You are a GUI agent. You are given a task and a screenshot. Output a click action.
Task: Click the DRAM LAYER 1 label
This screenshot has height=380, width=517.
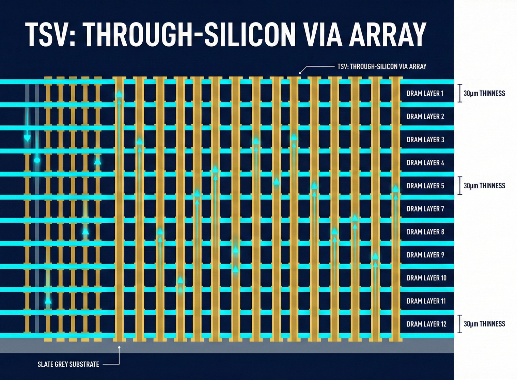click(425, 93)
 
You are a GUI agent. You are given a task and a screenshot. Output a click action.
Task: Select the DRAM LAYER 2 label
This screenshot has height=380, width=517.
click(425, 116)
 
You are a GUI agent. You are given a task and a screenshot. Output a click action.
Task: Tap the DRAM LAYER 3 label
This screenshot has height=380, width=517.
click(425, 140)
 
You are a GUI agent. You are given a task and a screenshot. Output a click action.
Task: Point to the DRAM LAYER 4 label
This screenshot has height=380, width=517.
click(425, 163)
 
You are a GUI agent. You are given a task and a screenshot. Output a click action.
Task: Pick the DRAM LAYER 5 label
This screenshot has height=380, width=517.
click(425, 186)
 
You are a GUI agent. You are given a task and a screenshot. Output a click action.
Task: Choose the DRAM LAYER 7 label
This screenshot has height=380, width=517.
click(425, 209)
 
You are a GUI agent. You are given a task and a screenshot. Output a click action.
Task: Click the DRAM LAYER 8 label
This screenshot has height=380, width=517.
click(425, 232)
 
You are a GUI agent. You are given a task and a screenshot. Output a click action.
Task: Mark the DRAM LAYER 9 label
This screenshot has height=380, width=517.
click(425, 255)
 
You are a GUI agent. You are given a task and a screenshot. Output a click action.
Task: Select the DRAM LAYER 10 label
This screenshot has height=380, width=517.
click(426, 278)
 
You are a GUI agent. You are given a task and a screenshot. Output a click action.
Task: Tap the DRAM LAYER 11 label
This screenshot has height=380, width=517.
click(426, 301)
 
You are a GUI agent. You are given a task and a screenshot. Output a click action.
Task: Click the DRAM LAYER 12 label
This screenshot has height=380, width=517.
click(426, 324)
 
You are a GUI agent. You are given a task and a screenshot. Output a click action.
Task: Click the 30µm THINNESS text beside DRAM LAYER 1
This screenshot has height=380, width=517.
click(484, 93)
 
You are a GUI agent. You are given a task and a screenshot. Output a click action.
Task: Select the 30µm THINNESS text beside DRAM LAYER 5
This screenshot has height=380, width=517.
click(484, 186)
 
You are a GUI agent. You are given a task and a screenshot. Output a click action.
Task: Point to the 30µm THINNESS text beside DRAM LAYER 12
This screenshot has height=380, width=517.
click(484, 324)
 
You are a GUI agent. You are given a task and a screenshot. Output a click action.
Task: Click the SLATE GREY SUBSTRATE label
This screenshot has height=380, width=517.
click(68, 364)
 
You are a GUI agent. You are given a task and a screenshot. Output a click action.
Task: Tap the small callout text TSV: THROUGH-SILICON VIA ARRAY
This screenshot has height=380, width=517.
click(382, 67)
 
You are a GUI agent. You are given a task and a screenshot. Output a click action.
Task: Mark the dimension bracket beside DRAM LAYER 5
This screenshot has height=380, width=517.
click(460, 186)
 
